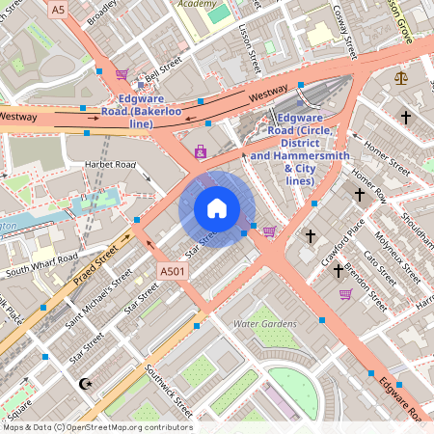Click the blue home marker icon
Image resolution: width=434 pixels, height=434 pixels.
coord(217,208)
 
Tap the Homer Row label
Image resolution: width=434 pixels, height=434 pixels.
coord(369,185)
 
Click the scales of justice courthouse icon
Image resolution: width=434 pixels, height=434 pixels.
coord(401,77)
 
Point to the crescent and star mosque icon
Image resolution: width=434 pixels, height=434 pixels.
coord(85,384)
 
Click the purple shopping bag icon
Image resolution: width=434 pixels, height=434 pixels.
coord(201,151)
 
